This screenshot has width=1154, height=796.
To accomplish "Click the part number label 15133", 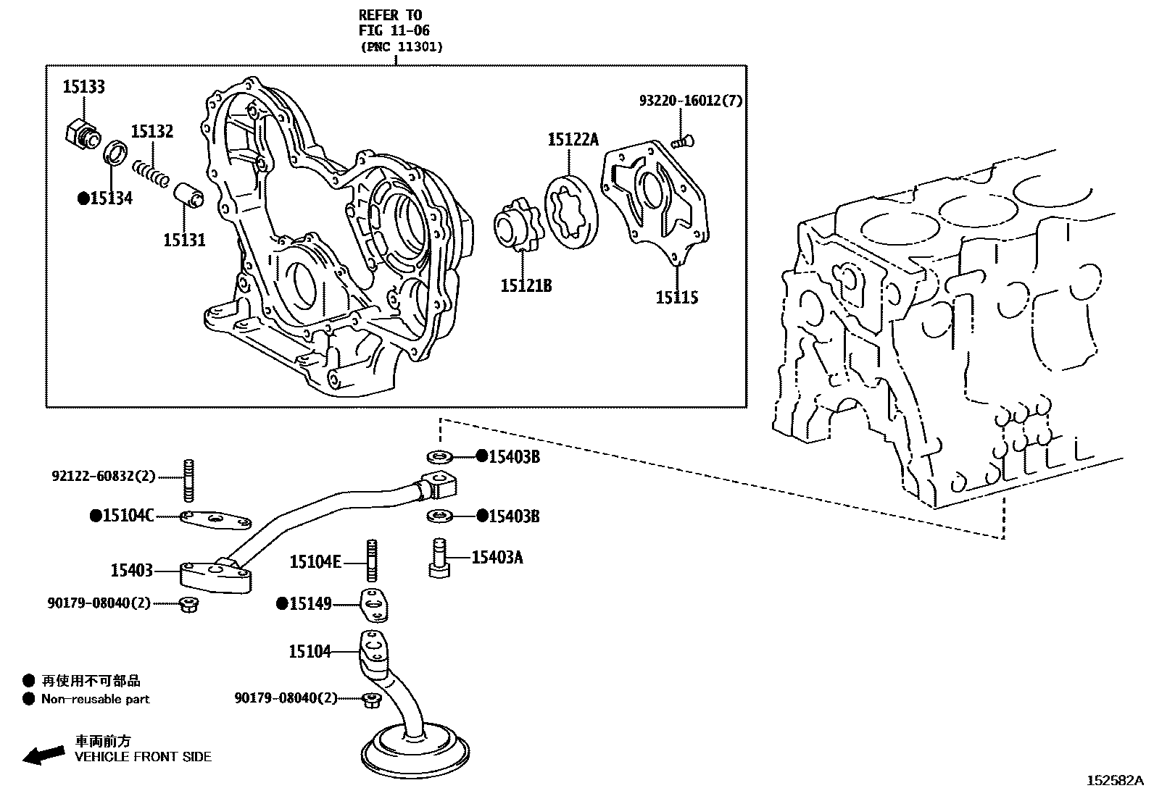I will point(83,87).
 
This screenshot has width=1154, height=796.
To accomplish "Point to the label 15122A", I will point(573,140).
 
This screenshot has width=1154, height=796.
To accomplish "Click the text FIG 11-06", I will point(394,31).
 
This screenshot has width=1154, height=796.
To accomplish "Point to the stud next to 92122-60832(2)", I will point(189,479).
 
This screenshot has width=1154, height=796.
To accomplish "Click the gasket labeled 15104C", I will point(216,519).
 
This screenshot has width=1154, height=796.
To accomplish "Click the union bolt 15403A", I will point(439,558).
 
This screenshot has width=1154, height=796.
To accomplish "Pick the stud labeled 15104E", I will point(372,561).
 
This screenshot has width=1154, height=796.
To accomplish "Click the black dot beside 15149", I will point(282,603).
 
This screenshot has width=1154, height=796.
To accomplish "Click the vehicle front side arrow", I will point(43,755).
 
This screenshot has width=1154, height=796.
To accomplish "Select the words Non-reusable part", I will point(95,700).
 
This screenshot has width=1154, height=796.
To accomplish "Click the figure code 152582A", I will point(1114,780).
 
